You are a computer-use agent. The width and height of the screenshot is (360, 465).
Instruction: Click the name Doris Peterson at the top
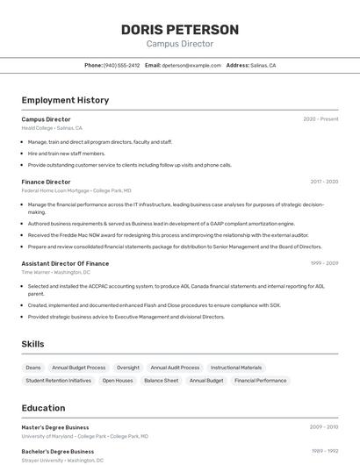179,30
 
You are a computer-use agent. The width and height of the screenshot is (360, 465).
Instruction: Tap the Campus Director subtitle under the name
179,44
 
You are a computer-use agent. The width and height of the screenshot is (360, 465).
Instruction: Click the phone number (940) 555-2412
121,65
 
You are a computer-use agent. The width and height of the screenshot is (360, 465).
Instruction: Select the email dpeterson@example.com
191,65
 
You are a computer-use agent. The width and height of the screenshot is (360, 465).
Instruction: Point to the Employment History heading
65,100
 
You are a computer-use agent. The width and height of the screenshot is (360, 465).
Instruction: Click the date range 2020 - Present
320,119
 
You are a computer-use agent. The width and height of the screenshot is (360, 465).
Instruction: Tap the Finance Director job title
46,182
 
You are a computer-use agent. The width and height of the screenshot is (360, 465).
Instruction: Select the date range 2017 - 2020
324,182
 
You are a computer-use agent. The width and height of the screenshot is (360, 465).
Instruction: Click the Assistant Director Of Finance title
65,263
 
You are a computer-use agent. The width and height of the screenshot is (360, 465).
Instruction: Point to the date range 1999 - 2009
324,263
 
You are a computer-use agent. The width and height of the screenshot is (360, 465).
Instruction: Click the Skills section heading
32,344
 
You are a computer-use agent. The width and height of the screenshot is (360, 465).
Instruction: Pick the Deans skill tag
33,368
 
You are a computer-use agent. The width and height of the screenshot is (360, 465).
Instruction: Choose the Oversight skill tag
128,368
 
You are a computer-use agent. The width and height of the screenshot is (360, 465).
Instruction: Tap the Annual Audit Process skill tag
175,368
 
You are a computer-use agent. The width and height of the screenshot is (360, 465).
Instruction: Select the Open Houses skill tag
118,381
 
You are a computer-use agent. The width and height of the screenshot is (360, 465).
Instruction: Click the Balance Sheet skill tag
161,381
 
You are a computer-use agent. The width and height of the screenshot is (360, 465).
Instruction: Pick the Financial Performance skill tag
260,381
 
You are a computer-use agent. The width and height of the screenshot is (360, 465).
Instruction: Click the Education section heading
43,408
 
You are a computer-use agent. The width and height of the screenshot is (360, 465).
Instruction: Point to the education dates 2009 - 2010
324,427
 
